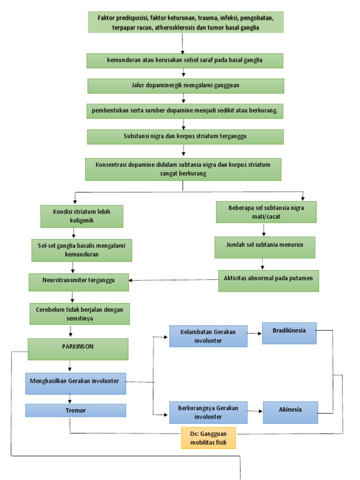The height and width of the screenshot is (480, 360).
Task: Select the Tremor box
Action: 75,410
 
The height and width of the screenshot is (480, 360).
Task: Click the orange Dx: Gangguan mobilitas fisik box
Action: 209,438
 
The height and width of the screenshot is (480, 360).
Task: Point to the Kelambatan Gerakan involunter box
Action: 208,336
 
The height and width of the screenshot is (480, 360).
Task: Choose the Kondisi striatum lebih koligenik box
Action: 82,216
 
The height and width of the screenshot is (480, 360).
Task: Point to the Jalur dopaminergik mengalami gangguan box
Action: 185,86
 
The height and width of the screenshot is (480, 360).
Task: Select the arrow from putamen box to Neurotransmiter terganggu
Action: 173,280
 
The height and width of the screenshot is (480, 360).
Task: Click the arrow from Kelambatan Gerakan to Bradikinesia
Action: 255,334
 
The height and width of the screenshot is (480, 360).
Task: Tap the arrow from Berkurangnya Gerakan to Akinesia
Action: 255,411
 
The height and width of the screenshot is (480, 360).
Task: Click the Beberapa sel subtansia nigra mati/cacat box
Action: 266,212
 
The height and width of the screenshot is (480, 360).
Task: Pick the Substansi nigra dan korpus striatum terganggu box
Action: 185,136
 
